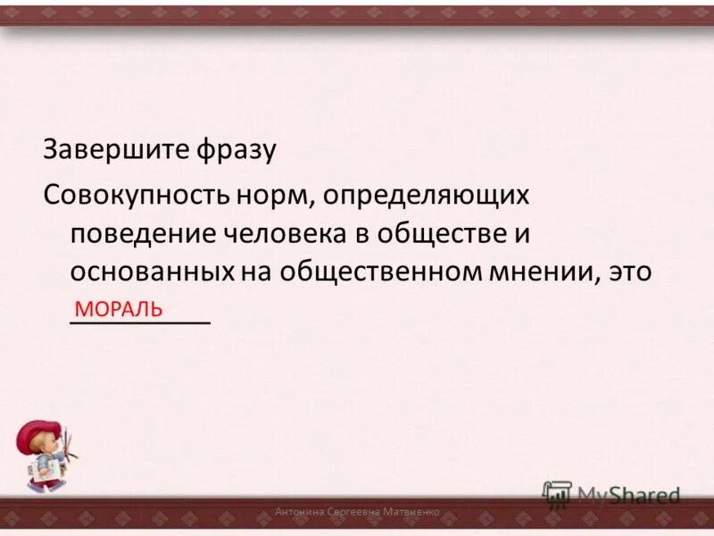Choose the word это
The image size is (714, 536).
tap(630, 272)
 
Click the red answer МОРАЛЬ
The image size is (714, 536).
tap(119, 309)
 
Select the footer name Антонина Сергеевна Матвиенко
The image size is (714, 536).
tap(357, 512)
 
